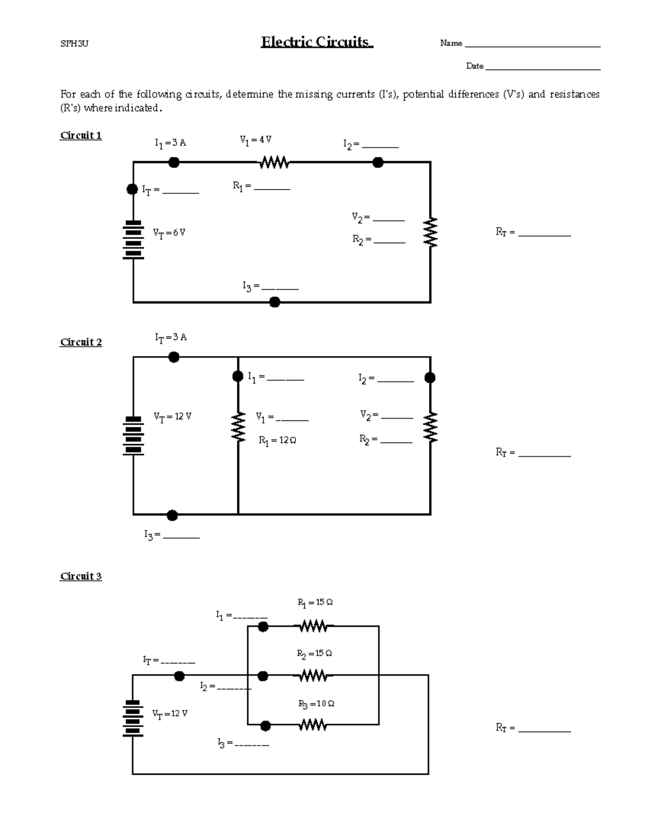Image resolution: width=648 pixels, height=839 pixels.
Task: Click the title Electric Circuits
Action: pos(316,42)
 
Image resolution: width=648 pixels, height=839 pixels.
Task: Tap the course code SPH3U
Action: pos(74,44)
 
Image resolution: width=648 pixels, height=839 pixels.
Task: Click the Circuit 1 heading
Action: pos(81,136)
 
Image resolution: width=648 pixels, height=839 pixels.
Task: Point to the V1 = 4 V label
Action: pos(255,140)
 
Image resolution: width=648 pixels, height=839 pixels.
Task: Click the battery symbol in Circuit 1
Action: pos(133,240)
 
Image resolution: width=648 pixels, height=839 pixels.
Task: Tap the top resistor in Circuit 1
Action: pos(274,162)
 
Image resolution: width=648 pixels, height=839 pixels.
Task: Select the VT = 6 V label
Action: pos(169,233)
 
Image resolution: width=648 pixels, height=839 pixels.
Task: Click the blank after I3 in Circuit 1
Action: pos(280,288)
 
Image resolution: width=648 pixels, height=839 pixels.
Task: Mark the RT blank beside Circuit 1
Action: pos(544,235)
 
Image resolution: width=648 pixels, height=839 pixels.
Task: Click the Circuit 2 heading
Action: pos(81,342)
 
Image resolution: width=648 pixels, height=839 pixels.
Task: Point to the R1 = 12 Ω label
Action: pos(278,441)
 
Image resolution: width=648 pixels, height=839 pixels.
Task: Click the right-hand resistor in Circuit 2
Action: pos(430,427)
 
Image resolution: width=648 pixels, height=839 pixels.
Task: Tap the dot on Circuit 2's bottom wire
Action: pos(172,515)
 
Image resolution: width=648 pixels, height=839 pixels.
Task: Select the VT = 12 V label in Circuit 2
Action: pos(172,417)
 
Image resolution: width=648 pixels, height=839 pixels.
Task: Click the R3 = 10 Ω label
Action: pos(316,704)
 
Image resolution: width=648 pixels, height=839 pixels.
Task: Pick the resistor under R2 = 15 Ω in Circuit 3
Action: pos(313,676)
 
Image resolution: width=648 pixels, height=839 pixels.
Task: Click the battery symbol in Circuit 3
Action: pos(132,719)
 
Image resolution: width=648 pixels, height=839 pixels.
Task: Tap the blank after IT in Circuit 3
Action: pos(178,662)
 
